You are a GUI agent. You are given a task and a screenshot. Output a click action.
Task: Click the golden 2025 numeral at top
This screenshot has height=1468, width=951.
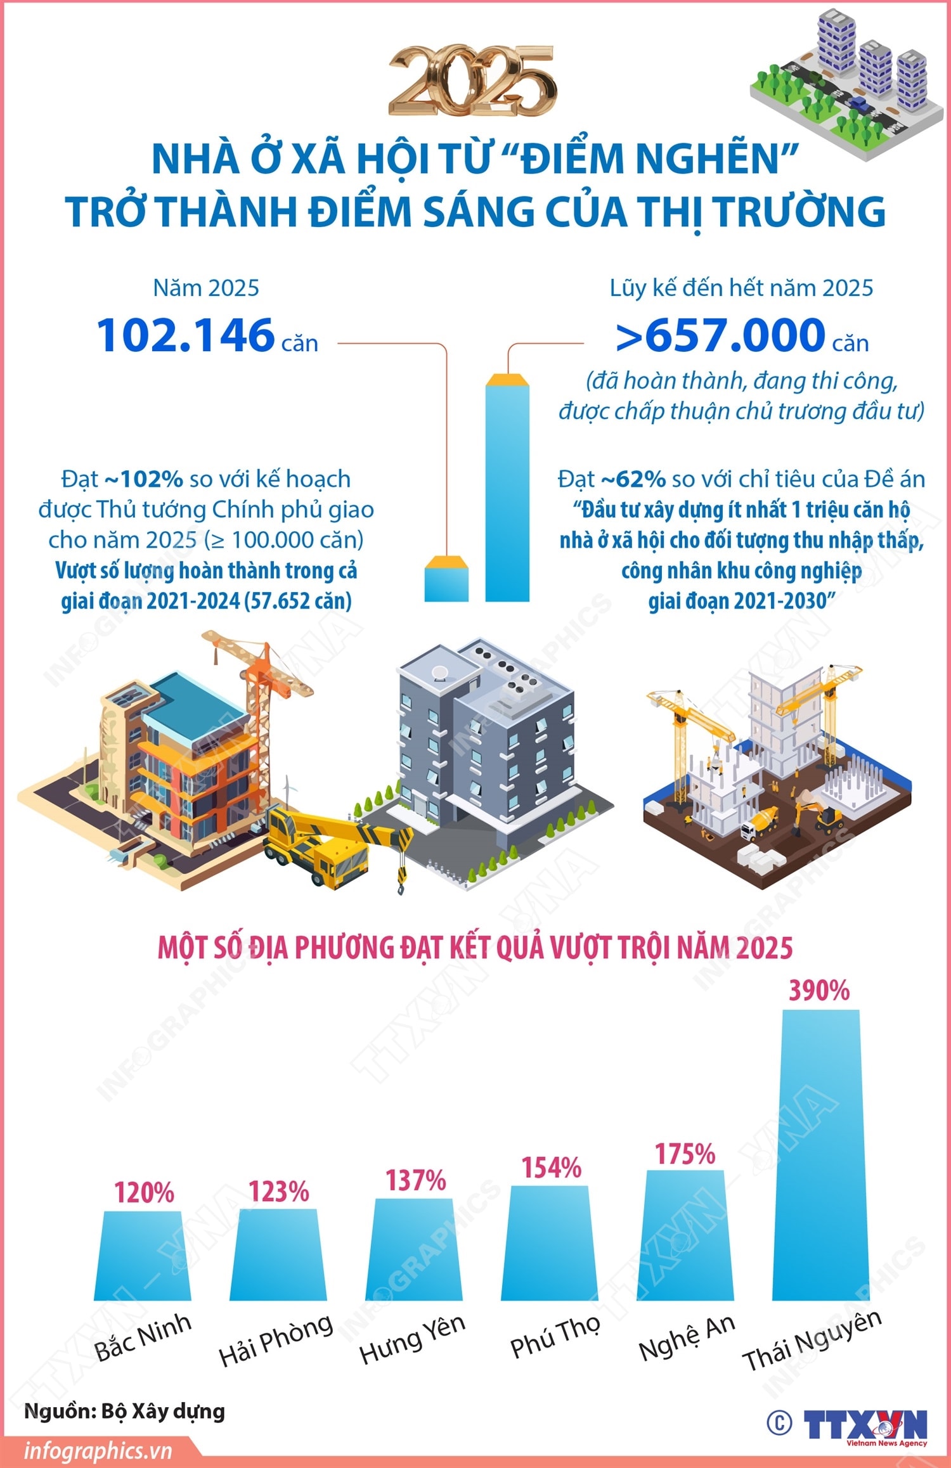point(473,81)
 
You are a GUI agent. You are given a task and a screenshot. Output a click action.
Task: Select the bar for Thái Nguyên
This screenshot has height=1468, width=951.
point(820,1160)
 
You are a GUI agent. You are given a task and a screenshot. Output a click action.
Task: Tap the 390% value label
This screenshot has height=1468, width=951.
point(818,991)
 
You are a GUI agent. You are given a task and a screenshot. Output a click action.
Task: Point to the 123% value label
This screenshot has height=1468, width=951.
point(278,1192)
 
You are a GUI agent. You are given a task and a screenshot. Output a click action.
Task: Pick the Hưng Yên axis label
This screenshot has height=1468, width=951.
point(412,1337)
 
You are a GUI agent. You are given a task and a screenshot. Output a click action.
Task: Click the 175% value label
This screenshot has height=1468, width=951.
point(685,1154)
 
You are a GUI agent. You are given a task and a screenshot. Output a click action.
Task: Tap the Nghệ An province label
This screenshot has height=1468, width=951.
point(687,1336)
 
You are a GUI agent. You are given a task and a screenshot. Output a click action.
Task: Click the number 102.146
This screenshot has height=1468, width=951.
point(185,335)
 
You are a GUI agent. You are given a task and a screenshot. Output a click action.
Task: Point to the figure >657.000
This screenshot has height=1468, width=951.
point(721,335)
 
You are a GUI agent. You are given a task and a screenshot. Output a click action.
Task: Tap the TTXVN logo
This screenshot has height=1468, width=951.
point(865,1425)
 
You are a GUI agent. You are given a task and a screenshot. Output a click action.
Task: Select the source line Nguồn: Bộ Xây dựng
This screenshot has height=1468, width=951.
point(124,1411)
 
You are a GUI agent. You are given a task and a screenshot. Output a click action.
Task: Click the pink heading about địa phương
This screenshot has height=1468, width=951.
point(475,948)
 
